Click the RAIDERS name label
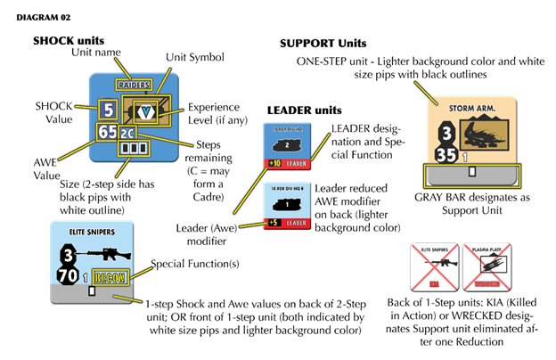135,85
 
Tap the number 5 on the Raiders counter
108,111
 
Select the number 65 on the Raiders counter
108,133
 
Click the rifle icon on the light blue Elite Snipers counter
99,254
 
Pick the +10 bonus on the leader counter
274,164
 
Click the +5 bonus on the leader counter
274,222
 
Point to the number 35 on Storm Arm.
446,154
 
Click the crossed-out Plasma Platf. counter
487,266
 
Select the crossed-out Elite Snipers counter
434,266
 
